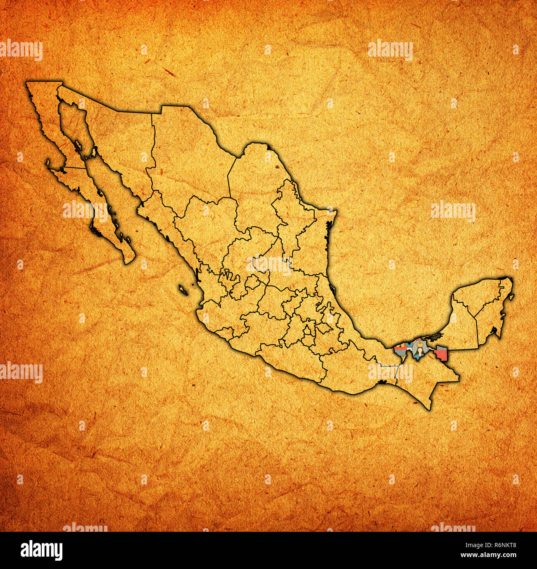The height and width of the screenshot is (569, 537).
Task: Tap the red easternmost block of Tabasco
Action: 441,354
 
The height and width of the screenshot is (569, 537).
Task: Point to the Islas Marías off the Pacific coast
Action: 183,290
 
